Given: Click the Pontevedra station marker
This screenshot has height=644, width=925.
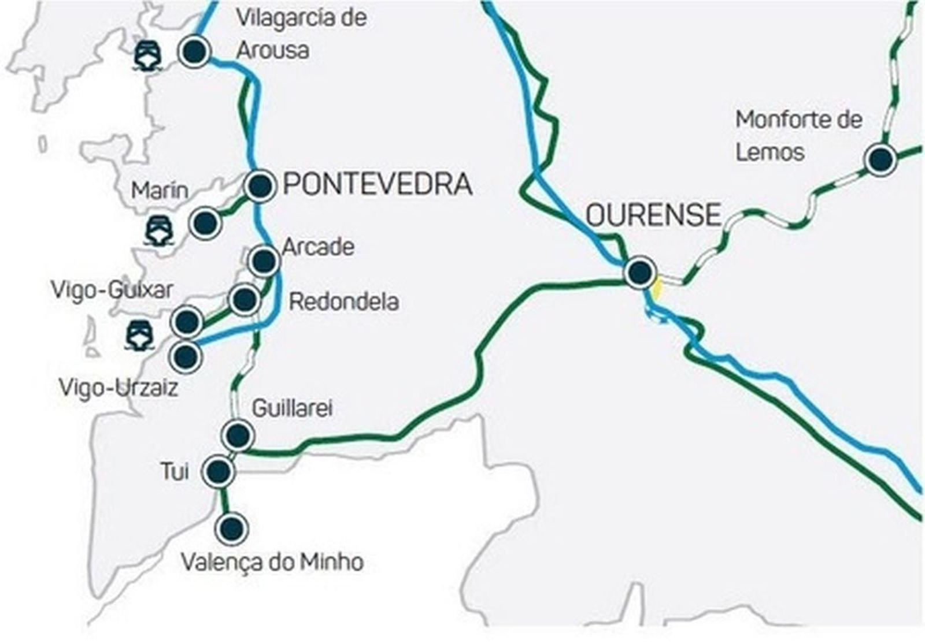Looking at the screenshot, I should tap(260, 186).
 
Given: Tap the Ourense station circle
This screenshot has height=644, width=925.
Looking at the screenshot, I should tap(640, 272).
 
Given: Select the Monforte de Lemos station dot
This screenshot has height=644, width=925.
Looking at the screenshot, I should tap(880, 159).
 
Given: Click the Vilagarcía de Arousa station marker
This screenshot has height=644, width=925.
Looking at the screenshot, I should tap(194, 52).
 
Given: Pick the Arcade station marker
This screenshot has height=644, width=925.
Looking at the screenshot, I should tap(264, 261).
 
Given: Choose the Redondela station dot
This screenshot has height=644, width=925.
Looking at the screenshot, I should tap(245, 300).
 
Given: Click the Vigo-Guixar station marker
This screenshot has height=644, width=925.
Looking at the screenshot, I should tap(187, 322).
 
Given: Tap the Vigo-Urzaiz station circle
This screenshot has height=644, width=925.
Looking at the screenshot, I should tap(186, 357).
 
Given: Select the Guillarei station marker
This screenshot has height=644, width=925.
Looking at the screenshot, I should tap(238, 434).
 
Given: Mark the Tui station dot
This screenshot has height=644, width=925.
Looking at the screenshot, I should tap(219, 472).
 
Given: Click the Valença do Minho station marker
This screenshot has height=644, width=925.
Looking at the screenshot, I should tap(231, 528).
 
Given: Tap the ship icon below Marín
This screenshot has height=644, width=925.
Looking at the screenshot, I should tap(160, 231).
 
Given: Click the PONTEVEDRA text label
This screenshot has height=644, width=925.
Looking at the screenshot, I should tap(378, 185).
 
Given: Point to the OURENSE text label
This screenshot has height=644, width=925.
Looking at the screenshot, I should tap(653, 215).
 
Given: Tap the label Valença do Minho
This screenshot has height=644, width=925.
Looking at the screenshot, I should tap(272, 562).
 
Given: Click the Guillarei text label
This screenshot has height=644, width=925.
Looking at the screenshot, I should tap(293, 409).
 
